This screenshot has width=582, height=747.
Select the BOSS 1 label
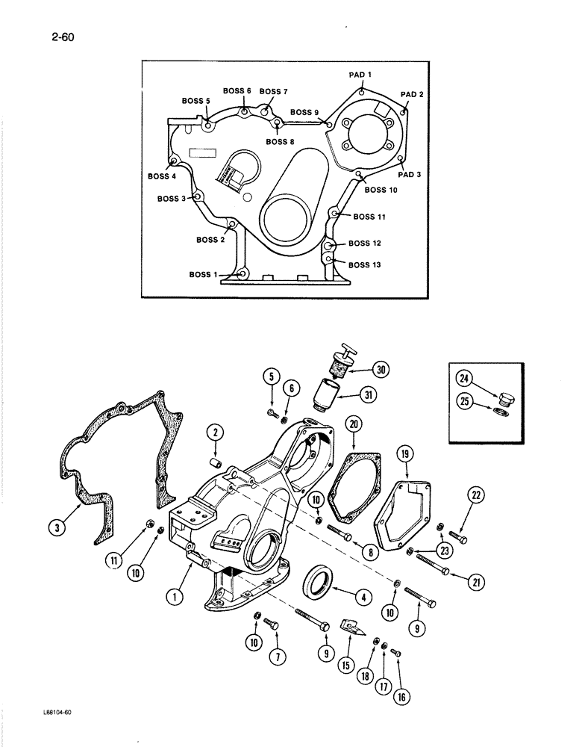pyautogui.click(x=203, y=275)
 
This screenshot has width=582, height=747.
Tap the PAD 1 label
pyautogui.click(x=360, y=75)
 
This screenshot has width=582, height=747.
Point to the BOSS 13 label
pyautogui.click(x=364, y=264)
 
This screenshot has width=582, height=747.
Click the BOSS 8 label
pyautogui.click(x=281, y=142)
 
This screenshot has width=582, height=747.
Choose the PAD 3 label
pyautogui.click(x=409, y=174)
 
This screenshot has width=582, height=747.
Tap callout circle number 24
pyautogui.click(x=474, y=377)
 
